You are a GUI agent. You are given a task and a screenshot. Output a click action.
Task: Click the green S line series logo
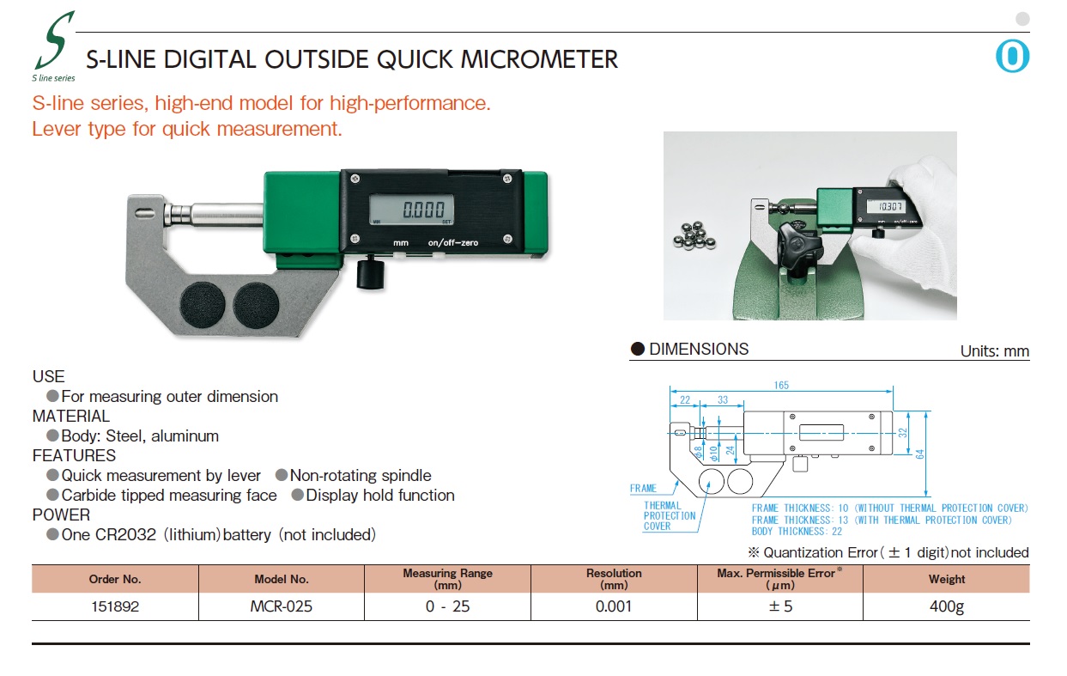[x=54, y=46]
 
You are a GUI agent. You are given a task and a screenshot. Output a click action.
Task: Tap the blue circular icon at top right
[x=1012, y=56]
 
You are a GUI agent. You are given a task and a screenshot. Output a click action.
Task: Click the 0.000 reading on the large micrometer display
[x=423, y=210]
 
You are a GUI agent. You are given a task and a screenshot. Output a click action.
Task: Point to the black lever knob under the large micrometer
[x=371, y=272]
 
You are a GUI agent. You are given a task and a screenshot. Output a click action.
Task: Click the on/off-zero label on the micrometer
[x=452, y=242]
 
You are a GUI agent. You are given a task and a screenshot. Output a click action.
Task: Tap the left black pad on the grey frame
[x=203, y=305]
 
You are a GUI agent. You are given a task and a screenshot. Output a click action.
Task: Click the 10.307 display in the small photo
[x=890, y=206]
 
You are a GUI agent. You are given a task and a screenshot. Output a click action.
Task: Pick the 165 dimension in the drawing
[x=781, y=385]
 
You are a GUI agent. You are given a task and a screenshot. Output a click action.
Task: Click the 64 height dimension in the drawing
[x=919, y=454]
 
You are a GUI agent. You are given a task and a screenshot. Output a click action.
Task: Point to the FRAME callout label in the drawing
[x=643, y=488]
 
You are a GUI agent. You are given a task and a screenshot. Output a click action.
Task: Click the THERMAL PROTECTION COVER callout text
[x=670, y=516]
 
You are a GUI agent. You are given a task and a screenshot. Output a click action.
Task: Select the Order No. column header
[x=115, y=579]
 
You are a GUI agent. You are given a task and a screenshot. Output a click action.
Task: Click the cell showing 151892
[x=115, y=606]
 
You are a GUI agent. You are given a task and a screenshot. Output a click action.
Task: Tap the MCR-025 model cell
[x=281, y=606]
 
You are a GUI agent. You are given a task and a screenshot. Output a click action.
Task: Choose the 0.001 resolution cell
[x=614, y=606]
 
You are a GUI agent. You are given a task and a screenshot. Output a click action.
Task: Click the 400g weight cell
[x=947, y=606]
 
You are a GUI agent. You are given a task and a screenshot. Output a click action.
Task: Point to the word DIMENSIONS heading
[x=699, y=349]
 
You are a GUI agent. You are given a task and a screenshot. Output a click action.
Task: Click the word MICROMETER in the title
[x=539, y=59]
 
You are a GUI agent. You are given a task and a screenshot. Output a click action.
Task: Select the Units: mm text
[x=995, y=351]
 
